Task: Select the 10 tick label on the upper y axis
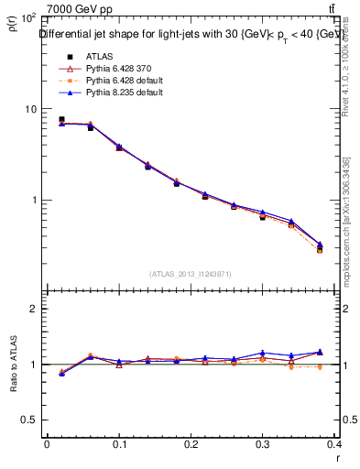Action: pos(30,109)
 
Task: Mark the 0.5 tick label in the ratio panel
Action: pos(29,420)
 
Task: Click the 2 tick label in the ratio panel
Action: pos(34,309)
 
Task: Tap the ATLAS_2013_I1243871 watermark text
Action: pos(191,274)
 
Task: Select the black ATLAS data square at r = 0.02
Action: pos(61,119)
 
